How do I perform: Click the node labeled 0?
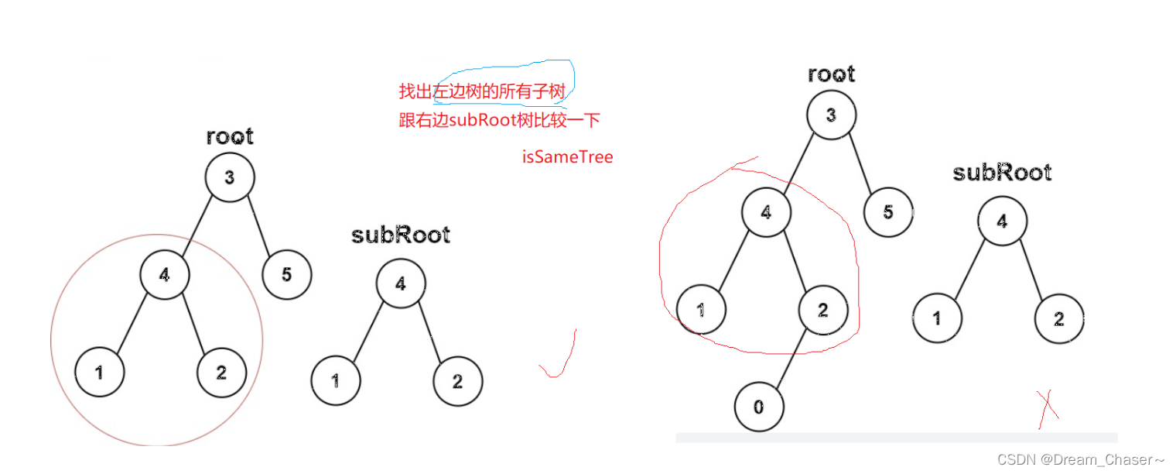[x=758, y=407]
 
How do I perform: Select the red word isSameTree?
[x=567, y=157]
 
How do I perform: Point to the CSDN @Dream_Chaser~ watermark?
[x=1081, y=459]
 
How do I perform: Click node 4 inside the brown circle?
[x=165, y=273]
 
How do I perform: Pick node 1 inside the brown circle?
[x=100, y=373]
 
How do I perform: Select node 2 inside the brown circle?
[x=221, y=373]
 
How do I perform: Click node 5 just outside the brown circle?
[x=286, y=274]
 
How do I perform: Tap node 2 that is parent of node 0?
[x=822, y=311]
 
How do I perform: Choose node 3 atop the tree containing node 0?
[x=831, y=116]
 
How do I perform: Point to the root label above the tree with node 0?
[x=831, y=74]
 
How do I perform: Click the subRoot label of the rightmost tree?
[x=1002, y=172]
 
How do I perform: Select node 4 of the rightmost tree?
[x=1002, y=222]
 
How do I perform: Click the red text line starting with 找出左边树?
[x=482, y=91]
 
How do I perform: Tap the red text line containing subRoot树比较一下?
[x=499, y=120]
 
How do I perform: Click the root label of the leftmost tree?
[x=230, y=137]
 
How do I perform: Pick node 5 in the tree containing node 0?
[x=887, y=211]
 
